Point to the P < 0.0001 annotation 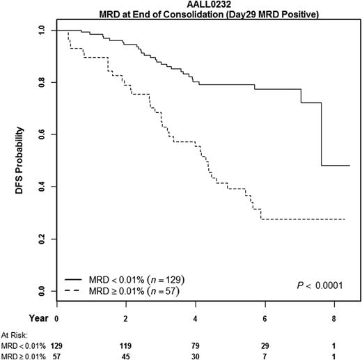pyautogui.click(x=319, y=284)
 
